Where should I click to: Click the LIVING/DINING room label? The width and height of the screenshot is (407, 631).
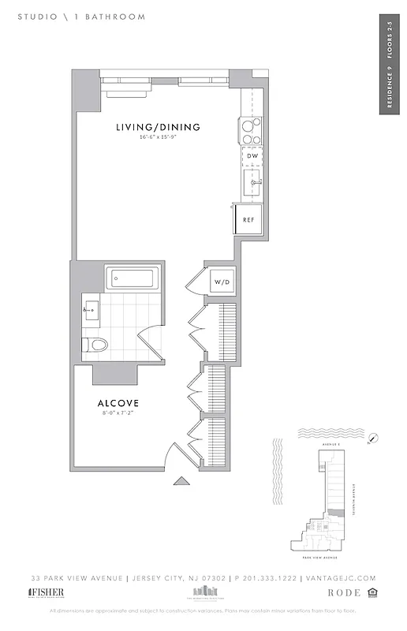(x=158, y=127)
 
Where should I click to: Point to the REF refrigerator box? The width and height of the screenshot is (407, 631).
(x=248, y=219)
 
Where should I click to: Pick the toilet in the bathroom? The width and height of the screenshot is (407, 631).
(x=95, y=344)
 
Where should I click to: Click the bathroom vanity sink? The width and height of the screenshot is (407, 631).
(x=91, y=310)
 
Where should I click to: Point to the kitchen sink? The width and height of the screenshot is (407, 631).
(x=254, y=184)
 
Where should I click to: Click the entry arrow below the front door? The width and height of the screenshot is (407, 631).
(x=181, y=480)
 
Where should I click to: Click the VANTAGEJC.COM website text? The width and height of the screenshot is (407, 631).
(x=338, y=578)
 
